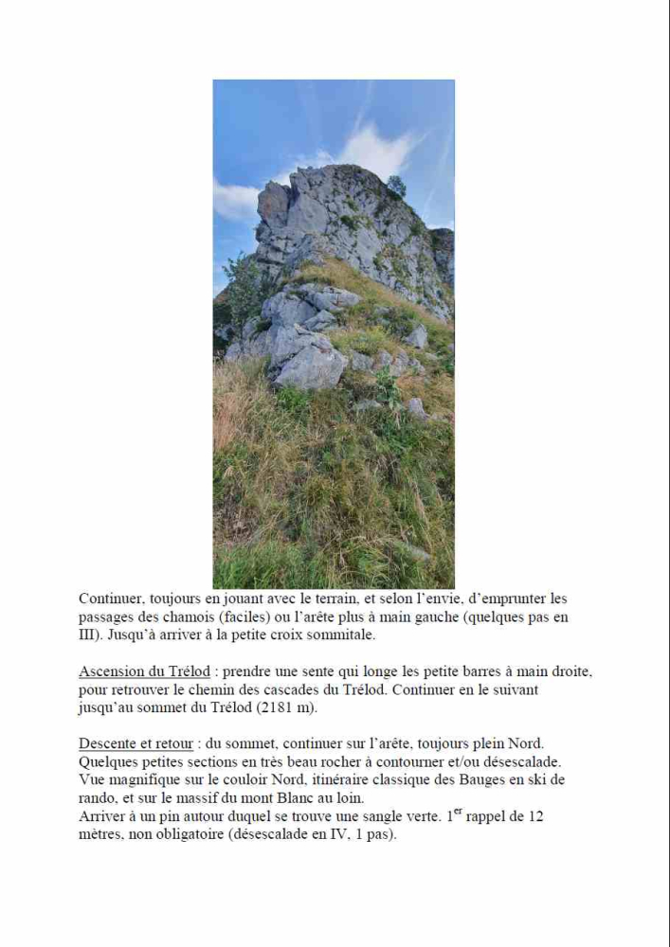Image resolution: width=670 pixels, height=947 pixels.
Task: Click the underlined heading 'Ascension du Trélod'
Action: click(x=144, y=671)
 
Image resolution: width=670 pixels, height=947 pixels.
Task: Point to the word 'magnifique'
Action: click(x=143, y=779)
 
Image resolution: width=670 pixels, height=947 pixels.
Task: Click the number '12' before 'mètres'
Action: click(x=534, y=816)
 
